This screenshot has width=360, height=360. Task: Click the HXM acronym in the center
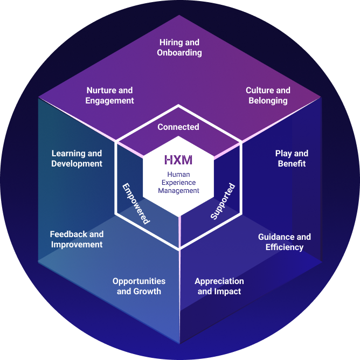coord(179,160)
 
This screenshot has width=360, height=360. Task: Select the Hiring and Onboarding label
coord(179,47)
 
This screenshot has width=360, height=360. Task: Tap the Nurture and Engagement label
coord(109,95)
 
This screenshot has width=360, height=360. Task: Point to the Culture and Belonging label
coord(268,95)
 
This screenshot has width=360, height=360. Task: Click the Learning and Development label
coord(77,158)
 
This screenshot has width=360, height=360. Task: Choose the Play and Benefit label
coord(292,158)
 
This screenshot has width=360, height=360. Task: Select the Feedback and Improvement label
coord(77,239)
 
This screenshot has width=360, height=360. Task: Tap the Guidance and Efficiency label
coord(285,242)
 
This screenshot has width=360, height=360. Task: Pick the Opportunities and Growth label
coord(139,286)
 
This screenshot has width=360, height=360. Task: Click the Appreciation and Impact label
coord(219,286)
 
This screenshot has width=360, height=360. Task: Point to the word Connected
coord(178,127)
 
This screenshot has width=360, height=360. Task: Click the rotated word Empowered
coord(135,204)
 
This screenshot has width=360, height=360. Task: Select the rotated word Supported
coord(223,202)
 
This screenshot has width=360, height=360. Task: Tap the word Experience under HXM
coord(179,183)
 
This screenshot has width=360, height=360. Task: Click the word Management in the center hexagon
coord(179,190)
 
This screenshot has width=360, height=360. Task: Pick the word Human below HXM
coord(179,175)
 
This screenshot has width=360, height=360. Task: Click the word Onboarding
coord(179,53)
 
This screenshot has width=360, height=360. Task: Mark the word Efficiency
coord(285,247)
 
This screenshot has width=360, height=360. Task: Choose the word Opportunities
coord(139,281)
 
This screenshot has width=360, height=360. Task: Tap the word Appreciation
coord(219,281)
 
